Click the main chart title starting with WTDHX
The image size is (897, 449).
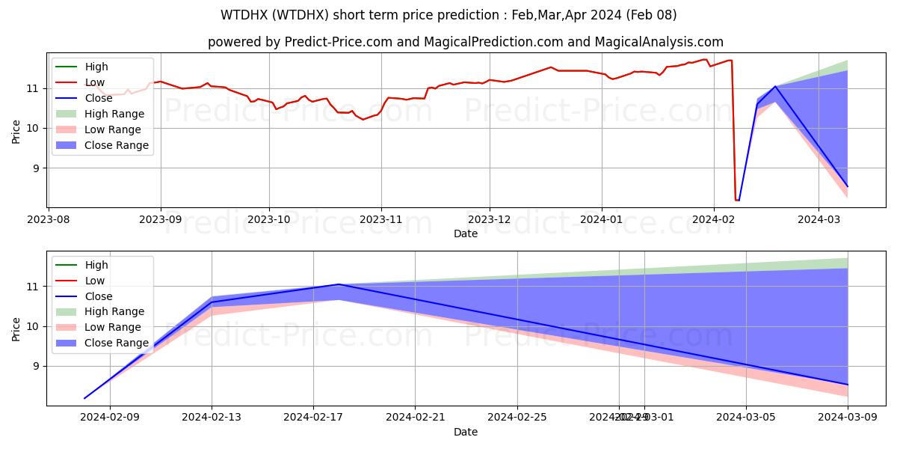pyautogui.click(x=449, y=15)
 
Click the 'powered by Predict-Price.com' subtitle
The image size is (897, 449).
pyautogui.click(x=465, y=42)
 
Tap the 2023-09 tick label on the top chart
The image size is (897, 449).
pyautogui.click(x=160, y=220)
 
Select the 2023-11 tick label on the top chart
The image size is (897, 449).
pyautogui.click(x=381, y=220)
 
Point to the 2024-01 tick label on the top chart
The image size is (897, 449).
pyautogui.click(x=602, y=220)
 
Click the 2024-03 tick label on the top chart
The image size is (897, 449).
pyautogui.click(x=819, y=220)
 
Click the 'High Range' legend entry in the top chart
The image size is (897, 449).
pyautogui.click(x=114, y=114)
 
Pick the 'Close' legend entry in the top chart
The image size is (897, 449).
pyautogui.click(x=99, y=98)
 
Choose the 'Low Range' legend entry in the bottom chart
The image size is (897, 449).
pyautogui.click(x=113, y=327)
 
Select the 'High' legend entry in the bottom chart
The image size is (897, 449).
pyautogui.click(x=97, y=265)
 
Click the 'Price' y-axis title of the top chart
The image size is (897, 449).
pyautogui.click(x=16, y=129)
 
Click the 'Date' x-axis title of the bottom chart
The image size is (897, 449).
pyautogui.click(x=465, y=432)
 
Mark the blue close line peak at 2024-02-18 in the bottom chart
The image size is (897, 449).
pyautogui.click(x=339, y=284)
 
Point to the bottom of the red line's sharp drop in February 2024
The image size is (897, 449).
pyautogui.click(x=737, y=200)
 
